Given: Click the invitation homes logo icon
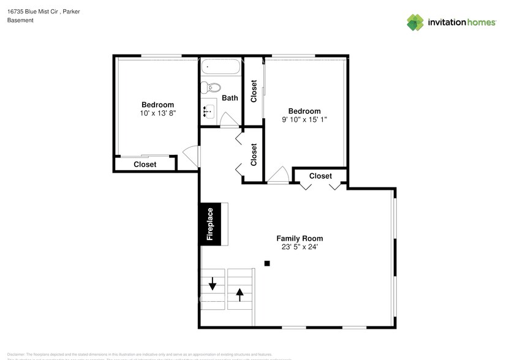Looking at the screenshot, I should click(415, 22).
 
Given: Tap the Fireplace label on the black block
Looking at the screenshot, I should click(209, 225).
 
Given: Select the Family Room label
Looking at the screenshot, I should click(300, 238).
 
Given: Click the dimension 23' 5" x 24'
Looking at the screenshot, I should click(300, 247).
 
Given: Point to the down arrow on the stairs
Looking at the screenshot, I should click(213, 284).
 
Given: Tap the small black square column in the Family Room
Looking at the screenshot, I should click(267, 263).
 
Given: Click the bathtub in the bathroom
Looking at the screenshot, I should click(221, 67).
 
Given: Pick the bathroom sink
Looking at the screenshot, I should click(208, 111).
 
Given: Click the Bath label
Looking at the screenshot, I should click(230, 98).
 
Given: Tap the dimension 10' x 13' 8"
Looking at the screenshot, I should click(157, 113).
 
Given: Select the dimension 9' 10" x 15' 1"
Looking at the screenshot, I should click(304, 120).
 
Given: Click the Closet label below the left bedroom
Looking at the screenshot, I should click(145, 164).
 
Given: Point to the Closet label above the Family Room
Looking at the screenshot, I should click(320, 176).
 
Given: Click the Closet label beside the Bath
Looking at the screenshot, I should click(254, 91).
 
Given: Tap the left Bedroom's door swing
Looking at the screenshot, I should click(192, 156).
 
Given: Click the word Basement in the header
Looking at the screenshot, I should click(20, 20).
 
